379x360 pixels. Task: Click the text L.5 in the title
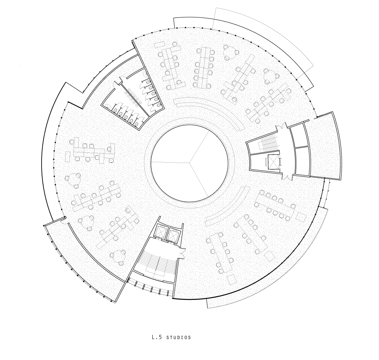tap(154, 337)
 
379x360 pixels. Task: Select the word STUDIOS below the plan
tap(178, 337)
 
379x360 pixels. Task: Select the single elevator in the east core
tap(272, 162)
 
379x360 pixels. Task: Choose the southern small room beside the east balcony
tap(302, 161)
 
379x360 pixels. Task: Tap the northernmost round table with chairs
tap(230, 53)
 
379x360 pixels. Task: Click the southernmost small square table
tap(232, 279)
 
